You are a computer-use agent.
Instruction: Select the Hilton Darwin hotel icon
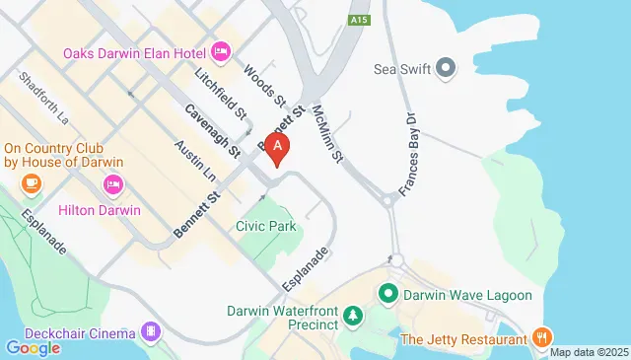[113, 183]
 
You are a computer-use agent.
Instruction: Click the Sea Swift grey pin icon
[446, 69]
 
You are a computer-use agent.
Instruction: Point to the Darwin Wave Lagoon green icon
[388, 294]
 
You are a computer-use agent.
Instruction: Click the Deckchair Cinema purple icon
[151, 330]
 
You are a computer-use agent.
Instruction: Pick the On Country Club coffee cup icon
[32, 183]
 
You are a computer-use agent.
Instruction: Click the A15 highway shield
[359, 18]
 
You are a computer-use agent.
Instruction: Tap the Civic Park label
[266, 227]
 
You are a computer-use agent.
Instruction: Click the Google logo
[33, 347]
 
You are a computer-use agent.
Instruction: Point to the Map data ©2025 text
[589, 352]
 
